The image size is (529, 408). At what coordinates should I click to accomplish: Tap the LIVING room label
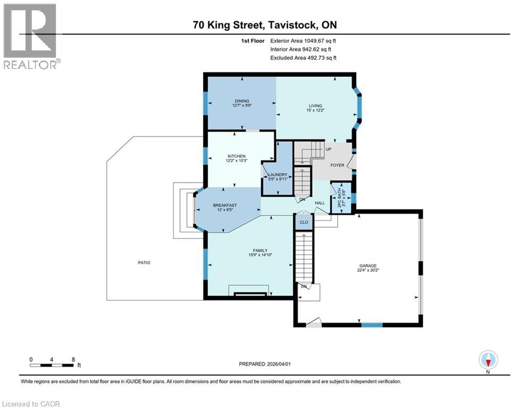pos(315,106)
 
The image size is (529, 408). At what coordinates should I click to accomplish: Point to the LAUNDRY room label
pos(278,175)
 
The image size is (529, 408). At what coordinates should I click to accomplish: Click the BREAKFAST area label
pos(225,206)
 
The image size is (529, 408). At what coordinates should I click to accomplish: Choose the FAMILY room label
pos(260,251)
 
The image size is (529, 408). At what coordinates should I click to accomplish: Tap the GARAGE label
pos(367,266)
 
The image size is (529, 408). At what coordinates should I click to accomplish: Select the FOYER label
pos(337,165)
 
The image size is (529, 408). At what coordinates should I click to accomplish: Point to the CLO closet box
pos(304,222)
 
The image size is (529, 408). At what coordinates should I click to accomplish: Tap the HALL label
pos(320,202)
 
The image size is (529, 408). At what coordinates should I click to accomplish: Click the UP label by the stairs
pos(329,149)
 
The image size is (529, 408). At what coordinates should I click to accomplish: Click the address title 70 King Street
pos(264,25)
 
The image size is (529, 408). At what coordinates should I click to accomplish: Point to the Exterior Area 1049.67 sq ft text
pos(303,40)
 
